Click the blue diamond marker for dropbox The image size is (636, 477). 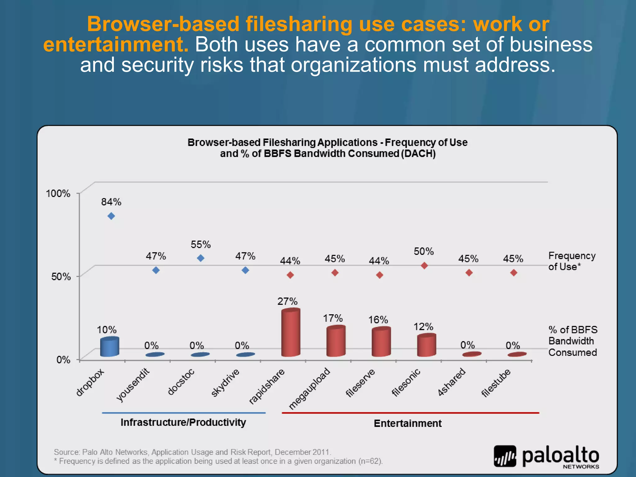[111, 216]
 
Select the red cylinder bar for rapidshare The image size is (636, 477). [291, 332]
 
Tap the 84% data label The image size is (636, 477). [111, 202]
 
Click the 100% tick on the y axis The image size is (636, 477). [58, 193]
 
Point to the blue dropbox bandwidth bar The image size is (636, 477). [109, 347]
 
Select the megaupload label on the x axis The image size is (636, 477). [309, 388]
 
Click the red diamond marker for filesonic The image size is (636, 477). [424, 266]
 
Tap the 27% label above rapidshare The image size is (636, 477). [287, 301]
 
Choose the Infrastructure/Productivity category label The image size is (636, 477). [183, 422]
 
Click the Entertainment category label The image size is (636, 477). [407, 423]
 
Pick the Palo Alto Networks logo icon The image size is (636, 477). [505, 456]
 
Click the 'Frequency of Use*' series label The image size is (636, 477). [572, 261]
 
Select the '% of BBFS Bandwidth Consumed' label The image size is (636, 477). [572, 341]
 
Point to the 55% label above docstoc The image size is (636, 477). [201, 245]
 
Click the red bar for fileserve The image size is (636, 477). [381, 342]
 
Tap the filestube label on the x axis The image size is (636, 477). [496, 383]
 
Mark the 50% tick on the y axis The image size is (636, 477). [61, 276]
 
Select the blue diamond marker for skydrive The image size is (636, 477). [245, 270]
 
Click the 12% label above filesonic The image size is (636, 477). [423, 327]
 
